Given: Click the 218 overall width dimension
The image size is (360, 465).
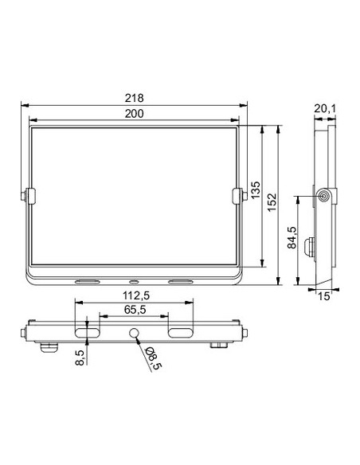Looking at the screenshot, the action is tap(134, 98).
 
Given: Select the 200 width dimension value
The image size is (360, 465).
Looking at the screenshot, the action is tap(134, 114).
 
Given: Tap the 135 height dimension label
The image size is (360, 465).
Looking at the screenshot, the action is tap(256, 190).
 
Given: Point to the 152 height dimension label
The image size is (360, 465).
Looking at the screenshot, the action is tap(272, 202).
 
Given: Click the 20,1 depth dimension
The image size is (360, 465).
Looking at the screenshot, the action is tap(325, 109).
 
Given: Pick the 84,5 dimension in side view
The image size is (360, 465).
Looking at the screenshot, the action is tap(292, 237).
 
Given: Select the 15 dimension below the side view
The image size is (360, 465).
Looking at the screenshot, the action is tap(324, 296).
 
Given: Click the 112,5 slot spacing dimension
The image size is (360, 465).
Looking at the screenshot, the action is tap(136, 295).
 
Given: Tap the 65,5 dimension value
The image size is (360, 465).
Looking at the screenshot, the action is tap(135, 310).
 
